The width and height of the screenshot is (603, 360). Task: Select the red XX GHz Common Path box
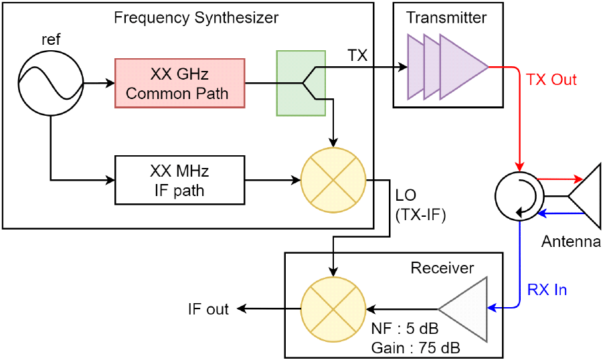(x=179, y=83)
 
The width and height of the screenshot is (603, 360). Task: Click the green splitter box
(x=301, y=82)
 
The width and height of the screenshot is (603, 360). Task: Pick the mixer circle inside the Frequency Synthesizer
(x=333, y=179)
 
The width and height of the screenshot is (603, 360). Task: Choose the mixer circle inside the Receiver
(x=333, y=308)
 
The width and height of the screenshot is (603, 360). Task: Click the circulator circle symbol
(x=520, y=197)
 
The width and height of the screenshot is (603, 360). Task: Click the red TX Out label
(x=551, y=80)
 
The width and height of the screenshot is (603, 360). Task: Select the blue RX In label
(x=548, y=290)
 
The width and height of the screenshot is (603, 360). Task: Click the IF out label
(x=208, y=309)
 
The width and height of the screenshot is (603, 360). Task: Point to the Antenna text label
(x=571, y=241)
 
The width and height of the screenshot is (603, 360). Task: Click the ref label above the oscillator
(x=51, y=39)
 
